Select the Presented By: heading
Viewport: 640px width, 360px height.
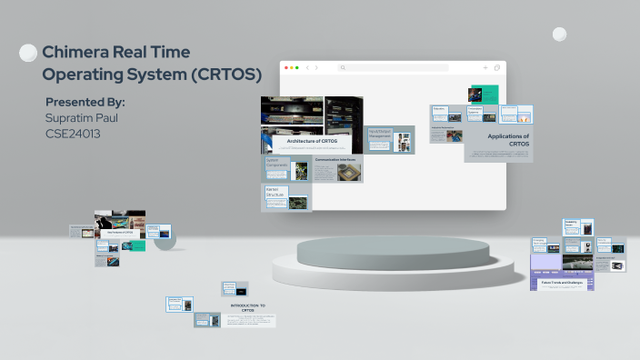click(85, 102)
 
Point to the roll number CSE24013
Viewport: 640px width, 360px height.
click(73, 134)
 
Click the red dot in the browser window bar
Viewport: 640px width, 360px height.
click(285, 67)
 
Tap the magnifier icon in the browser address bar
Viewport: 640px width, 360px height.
click(343, 67)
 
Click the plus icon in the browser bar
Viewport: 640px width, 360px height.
click(485, 67)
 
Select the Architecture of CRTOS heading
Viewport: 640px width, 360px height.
click(312, 141)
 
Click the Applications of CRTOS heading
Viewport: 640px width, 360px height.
click(507, 140)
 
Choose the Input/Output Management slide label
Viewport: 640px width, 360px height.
click(380, 135)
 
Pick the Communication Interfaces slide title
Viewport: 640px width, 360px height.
click(335, 159)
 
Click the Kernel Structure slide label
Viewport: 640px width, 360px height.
click(275, 193)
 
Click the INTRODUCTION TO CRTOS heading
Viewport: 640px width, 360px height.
click(247, 307)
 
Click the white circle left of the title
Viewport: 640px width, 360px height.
click(28, 53)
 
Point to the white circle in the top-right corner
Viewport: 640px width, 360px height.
click(559, 35)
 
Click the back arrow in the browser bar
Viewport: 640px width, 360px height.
click(307, 67)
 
